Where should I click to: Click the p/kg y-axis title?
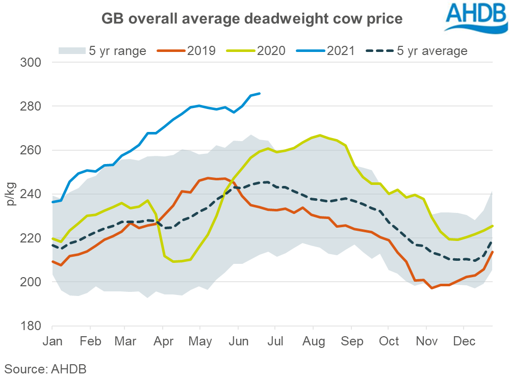11,194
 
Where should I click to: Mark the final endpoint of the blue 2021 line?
260,93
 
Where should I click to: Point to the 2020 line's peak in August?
320,135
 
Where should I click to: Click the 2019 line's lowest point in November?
432,288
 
